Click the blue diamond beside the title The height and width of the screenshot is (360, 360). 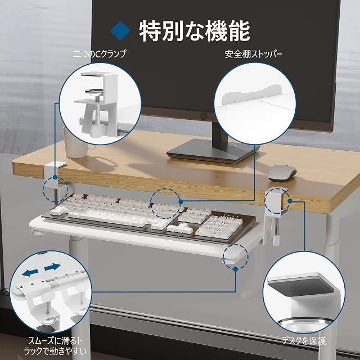pos(120,31)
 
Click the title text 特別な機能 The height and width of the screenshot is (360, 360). pos(195,31)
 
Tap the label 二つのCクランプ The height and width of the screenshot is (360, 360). pos(100,54)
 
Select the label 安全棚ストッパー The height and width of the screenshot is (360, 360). pos(254,54)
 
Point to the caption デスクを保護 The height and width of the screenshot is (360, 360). pos(304,341)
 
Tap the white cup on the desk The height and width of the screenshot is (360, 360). pos(76,142)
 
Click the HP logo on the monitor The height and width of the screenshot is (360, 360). pos(203,116)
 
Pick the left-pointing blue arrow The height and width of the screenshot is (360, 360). pos(30,273)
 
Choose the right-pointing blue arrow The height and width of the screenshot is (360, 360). pos(52,267)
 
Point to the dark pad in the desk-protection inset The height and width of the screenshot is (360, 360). pos(301,287)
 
